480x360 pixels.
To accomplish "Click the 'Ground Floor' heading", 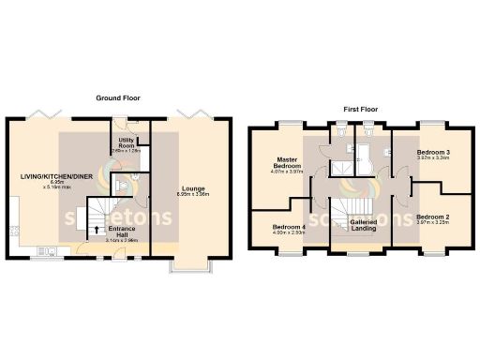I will pos(119,97).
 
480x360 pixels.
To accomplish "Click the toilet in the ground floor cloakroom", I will pos(137,174).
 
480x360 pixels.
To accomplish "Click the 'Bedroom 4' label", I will pos(289,226).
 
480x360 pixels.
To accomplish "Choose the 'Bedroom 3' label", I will pos(432,152).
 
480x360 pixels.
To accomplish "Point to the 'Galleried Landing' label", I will pos(363,225).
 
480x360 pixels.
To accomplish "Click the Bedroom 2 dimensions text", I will pos(432,224).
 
